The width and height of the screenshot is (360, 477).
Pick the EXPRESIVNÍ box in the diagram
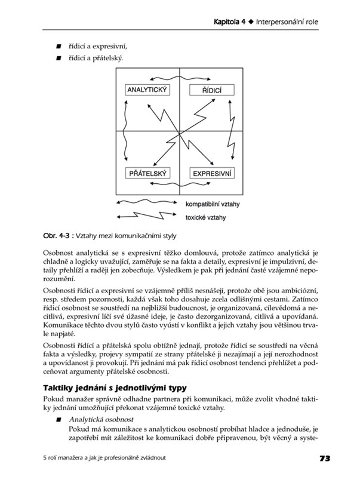coord(213,174)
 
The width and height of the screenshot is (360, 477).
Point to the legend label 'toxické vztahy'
coord(206,218)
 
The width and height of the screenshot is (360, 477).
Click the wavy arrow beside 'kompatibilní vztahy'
coord(147,203)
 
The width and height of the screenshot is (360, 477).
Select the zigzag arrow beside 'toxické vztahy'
coord(147,216)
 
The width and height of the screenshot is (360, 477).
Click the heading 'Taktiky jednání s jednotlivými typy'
coord(110,387)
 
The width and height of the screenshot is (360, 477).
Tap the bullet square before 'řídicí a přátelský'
coord(59,59)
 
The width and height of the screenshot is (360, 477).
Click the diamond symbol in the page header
coord(251,23)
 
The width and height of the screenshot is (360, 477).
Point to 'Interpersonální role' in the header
coord(287,23)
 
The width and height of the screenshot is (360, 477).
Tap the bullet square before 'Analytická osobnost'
coord(59,420)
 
